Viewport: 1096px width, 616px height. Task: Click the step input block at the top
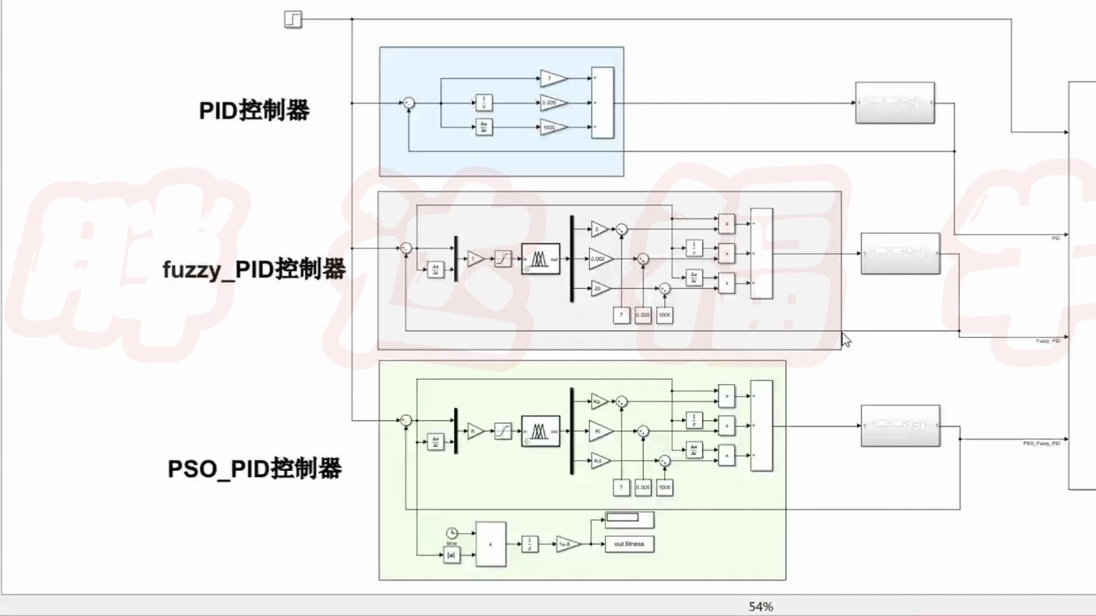[x=293, y=20]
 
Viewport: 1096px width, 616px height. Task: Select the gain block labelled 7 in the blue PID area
[x=552, y=78]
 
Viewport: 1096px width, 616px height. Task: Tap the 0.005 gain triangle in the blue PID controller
[x=552, y=103]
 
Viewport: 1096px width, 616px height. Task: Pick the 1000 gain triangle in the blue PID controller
[x=552, y=128]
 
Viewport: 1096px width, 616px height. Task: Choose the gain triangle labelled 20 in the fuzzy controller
[x=599, y=288]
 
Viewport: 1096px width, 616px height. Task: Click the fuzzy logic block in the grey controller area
[x=540, y=258]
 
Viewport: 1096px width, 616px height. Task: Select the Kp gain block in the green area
[x=599, y=402]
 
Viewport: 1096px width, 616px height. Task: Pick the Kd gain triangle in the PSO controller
[x=599, y=460]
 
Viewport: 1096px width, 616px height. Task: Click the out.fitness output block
[x=629, y=543]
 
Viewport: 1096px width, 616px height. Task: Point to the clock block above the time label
[x=452, y=532]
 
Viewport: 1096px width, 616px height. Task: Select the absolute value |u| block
[x=452, y=556]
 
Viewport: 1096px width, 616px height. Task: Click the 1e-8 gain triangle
[x=567, y=544]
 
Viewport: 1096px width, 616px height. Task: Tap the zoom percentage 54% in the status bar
[x=761, y=606]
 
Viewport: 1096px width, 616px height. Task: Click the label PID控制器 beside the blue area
[x=254, y=110]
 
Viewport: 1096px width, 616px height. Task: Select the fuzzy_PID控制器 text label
[x=254, y=268]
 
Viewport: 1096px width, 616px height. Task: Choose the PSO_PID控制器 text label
[x=254, y=469]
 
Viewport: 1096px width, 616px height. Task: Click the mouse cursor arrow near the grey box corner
[x=846, y=339]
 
